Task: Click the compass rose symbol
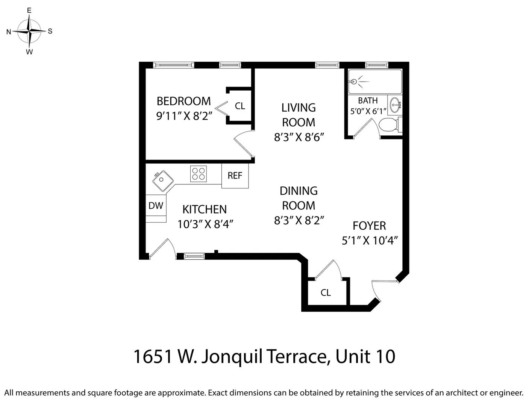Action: click(29, 31)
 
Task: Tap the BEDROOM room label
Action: click(183, 101)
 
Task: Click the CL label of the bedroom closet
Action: click(240, 106)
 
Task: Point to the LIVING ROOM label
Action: click(299, 115)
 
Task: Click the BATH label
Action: click(367, 100)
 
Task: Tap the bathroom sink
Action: click(395, 105)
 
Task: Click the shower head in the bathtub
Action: click(353, 82)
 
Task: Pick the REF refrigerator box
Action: click(235, 176)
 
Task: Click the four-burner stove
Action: click(199, 174)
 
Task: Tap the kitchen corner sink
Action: click(163, 180)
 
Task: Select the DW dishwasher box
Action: click(156, 205)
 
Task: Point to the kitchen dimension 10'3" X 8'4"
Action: click(205, 224)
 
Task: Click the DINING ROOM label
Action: click(299, 198)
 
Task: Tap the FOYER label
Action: click(369, 226)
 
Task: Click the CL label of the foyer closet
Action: click(326, 292)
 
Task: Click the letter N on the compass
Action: click(9, 32)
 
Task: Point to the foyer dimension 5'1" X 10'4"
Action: click(370, 240)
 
